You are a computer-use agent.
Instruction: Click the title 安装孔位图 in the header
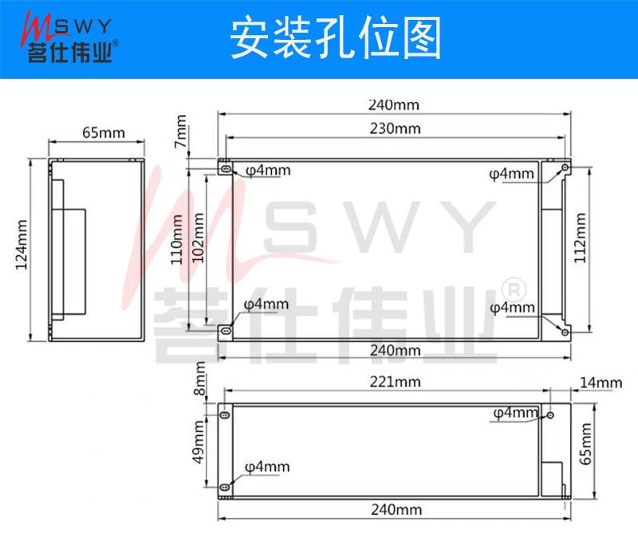[335, 39]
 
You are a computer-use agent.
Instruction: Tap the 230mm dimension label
[395, 128]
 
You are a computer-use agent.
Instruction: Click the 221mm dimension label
[394, 382]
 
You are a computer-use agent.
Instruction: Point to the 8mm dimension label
[200, 388]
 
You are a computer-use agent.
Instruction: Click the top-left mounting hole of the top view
[226, 169]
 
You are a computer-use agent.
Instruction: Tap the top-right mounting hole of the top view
[565, 168]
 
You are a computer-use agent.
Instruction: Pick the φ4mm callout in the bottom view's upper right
[515, 412]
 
